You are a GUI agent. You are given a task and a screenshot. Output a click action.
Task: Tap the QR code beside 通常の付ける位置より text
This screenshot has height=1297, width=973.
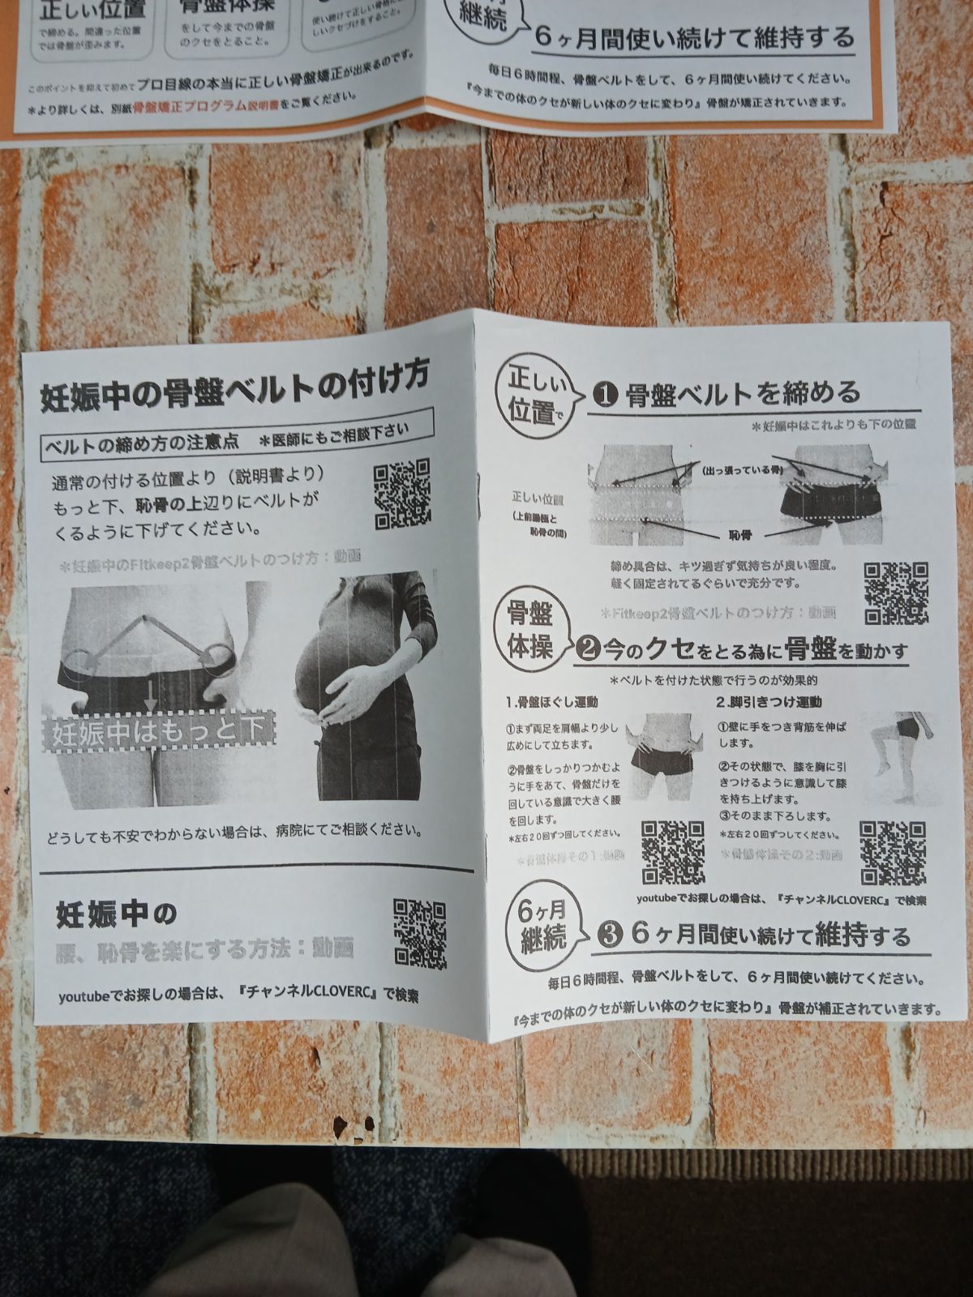pyautogui.click(x=401, y=494)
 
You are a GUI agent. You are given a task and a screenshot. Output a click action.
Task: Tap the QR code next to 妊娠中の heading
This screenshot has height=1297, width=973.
pyautogui.click(x=419, y=934)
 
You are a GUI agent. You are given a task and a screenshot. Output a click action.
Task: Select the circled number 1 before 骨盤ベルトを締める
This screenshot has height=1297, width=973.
pyautogui.click(x=605, y=396)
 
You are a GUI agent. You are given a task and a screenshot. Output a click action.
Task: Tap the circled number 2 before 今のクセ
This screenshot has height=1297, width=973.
pyautogui.click(x=588, y=648)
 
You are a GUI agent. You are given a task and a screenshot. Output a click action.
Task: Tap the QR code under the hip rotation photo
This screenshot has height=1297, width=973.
pyautogui.click(x=672, y=852)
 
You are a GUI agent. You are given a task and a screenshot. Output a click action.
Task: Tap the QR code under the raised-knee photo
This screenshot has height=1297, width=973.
pyautogui.click(x=892, y=852)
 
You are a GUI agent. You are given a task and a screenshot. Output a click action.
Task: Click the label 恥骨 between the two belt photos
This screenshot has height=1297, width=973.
pyautogui.click(x=739, y=536)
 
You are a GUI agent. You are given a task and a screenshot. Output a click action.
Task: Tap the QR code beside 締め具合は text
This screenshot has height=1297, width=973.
pyautogui.click(x=895, y=593)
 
